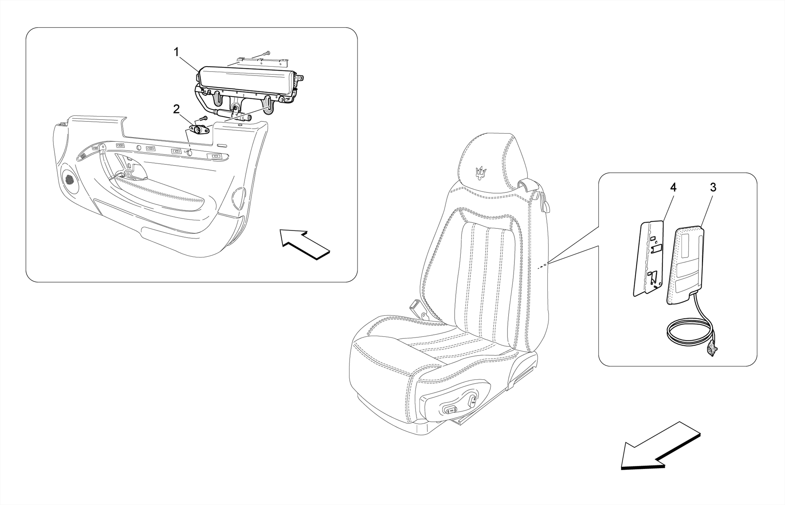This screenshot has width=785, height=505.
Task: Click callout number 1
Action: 176,52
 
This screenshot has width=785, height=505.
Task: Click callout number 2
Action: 176,109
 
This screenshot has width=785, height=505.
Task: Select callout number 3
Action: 713,187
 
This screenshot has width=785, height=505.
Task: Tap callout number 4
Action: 673,187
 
